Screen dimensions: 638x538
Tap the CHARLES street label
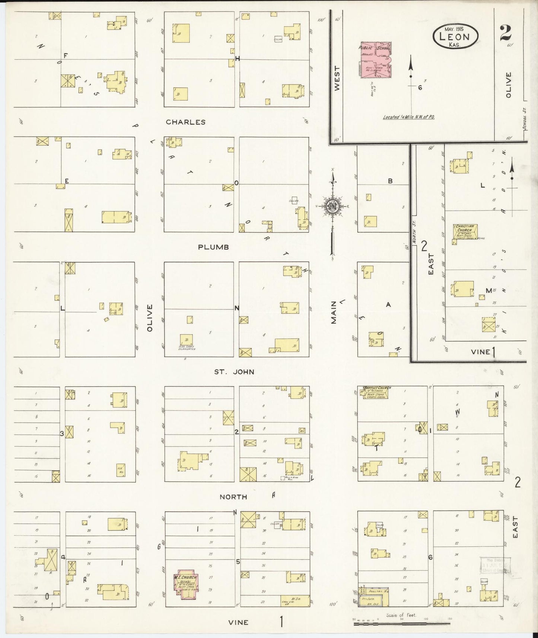click(x=185, y=122)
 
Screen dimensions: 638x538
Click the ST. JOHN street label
click(x=234, y=371)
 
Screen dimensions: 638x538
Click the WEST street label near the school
click(x=337, y=78)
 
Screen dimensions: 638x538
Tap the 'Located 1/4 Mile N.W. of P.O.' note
click(x=409, y=117)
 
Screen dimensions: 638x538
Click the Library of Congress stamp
click(x=495, y=567)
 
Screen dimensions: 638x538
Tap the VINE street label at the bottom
click(x=238, y=622)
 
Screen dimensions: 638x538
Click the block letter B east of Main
click(x=390, y=181)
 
